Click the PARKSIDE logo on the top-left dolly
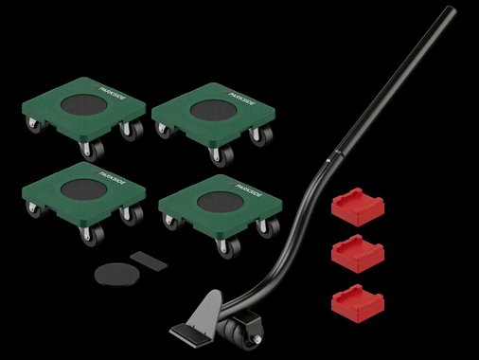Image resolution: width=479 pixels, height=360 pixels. (x=111, y=93)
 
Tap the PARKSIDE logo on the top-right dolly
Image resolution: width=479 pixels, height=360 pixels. (x=240, y=99)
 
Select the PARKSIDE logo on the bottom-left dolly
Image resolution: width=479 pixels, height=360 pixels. (x=111, y=178)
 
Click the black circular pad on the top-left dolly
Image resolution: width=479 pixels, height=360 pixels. (x=84, y=105)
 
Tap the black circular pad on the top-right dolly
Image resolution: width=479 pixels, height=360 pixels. (x=214, y=111)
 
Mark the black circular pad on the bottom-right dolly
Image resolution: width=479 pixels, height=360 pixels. (x=221, y=203)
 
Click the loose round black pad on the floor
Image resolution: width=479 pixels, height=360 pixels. (x=116, y=275)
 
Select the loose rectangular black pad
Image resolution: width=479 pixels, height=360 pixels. (x=149, y=260)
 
